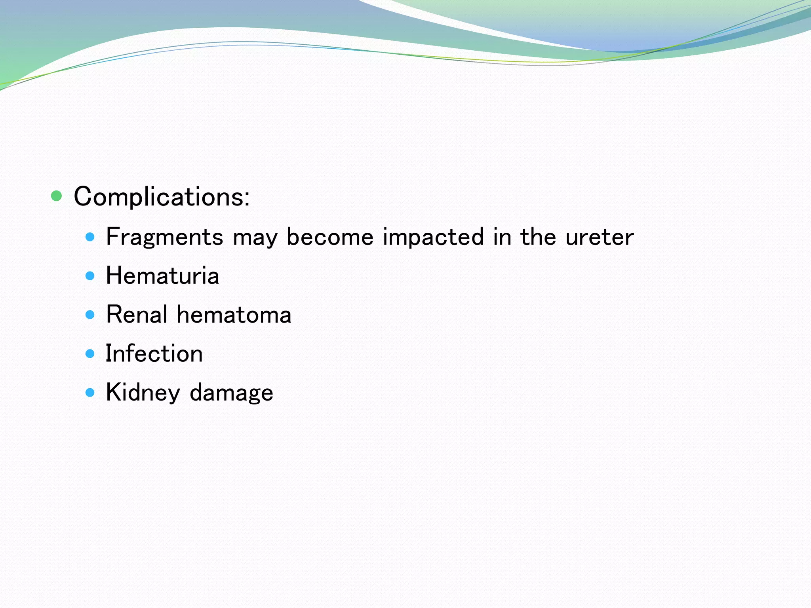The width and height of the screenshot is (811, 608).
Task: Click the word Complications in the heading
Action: pos(158,197)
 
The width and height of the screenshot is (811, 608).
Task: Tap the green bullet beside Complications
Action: pos(57,196)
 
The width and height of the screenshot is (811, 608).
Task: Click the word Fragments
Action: pos(165,237)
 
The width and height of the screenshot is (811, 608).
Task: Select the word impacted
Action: pos(433,237)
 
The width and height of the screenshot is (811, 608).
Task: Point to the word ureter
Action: pos(599,237)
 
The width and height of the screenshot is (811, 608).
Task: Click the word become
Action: pos(330,237)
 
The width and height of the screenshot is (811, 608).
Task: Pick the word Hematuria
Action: pos(162,275)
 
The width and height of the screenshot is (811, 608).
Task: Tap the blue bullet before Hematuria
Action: pos(90,276)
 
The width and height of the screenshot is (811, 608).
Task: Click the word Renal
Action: pos(137,315)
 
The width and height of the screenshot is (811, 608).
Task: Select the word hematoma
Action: pos(234,315)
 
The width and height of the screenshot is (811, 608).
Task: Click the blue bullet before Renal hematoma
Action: pos(90,315)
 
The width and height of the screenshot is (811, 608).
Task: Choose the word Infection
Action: pos(154,353)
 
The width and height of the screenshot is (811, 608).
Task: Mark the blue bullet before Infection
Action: pos(90,353)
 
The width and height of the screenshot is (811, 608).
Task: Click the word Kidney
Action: pos(143,393)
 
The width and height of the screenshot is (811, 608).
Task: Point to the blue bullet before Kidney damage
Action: pos(90,393)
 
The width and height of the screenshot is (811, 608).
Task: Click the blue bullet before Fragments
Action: pos(90,237)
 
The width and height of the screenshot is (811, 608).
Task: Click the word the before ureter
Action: pos(538,237)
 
